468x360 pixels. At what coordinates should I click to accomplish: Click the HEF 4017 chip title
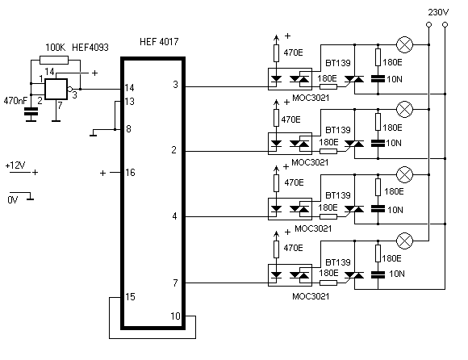tap(159, 41)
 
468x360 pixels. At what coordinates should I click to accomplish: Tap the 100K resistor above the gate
tap(54, 60)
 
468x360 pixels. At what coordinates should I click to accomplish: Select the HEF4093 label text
tap(90, 48)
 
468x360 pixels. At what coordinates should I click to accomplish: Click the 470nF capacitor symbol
tap(31, 111)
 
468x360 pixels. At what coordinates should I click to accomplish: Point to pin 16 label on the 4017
tap(130, 173)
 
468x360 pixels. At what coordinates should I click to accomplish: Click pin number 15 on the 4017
tap(130, 297)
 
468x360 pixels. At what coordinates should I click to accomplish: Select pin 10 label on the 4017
tap(176, 316)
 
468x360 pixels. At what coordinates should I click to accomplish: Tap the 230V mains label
tap(438, 12)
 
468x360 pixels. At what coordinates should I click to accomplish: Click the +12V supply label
tap(15, 165)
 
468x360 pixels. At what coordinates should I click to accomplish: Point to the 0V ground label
tap(13, 199)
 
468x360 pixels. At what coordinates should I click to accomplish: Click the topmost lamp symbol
tap(404, 44)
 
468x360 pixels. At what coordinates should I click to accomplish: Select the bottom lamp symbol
tap(404, 241)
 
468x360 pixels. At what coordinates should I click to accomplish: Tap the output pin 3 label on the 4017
tap(176, 85)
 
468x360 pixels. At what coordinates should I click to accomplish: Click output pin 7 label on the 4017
tap(175, 283)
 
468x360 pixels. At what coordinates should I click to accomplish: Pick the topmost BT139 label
tap(338, 63)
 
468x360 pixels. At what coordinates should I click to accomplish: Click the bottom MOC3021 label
tap(311, 296)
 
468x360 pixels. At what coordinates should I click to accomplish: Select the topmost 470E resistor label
tap(293, 52)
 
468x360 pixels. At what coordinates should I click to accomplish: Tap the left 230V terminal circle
tap(428, 24)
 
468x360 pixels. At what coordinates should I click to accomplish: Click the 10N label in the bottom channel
tap(397, 274)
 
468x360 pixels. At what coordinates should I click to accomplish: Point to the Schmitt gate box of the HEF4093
tap(56, 90)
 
